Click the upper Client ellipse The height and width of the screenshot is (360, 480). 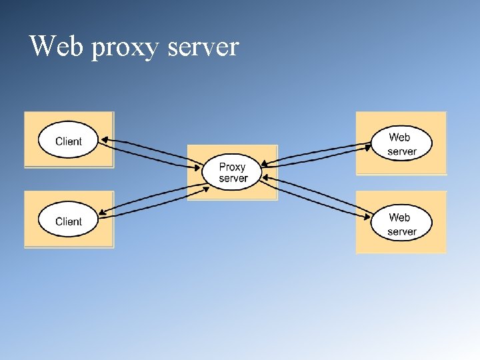click(68, 141)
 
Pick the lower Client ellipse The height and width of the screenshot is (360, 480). click(68, 221)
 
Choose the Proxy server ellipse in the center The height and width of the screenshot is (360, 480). click(233, 172)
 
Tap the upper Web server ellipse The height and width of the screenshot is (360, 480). click(401, 143)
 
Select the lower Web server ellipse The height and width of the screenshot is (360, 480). click(401, 223)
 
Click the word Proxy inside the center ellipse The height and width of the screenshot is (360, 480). click(233, 167)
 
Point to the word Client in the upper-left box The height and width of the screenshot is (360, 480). click(68, 141)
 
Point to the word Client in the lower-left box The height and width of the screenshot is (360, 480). click(68, 221)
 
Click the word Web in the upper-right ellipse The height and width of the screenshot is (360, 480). click(399, 137)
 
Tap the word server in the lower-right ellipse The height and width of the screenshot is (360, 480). click(402, 231)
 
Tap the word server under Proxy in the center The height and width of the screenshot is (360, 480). click(233, 179)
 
